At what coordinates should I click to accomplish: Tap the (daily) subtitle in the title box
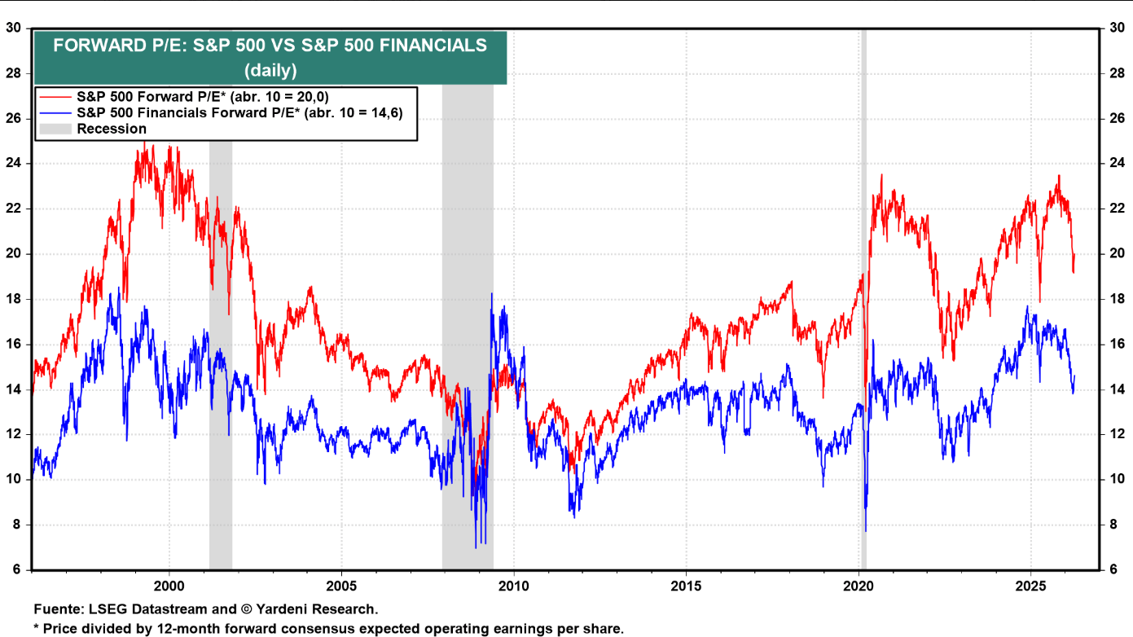click(x=270, y=70)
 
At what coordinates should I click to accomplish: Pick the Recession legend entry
click(x=112, y=129)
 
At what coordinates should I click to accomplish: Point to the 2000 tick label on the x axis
click(x=169, y=585)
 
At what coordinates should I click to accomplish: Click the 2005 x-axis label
click(x=341, y=585)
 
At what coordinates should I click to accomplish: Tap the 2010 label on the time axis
click(x=514, y=585)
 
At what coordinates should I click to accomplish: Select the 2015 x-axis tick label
click(x=686, y=585)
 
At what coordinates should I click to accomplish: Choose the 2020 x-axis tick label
click(x=859, y=585)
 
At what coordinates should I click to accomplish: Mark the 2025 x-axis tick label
click(x=1031, y=585)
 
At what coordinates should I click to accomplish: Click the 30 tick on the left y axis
click(x=14, y=28)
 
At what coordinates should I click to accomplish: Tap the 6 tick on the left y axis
click(x=17, y=569)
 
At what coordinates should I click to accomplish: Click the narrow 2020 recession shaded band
click(x=863, y=326)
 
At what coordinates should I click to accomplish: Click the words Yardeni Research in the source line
click(x=333, y=609)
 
